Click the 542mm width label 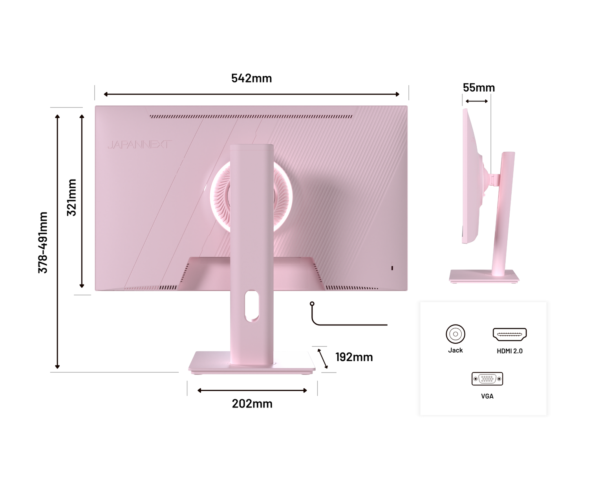click(x=251, y=78)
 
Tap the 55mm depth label click(x=479, y=88)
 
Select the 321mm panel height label click(x=71, y=197)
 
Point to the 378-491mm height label click(x=43, y=242)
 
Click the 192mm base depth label click(x=354, y=357)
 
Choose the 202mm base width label click(x=252, y=404)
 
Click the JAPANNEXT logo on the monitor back click(x=140, y=145)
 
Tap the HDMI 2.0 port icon click(x=509, y=334)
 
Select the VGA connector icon click(x=487, y=379)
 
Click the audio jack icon click(x=455, y=334)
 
